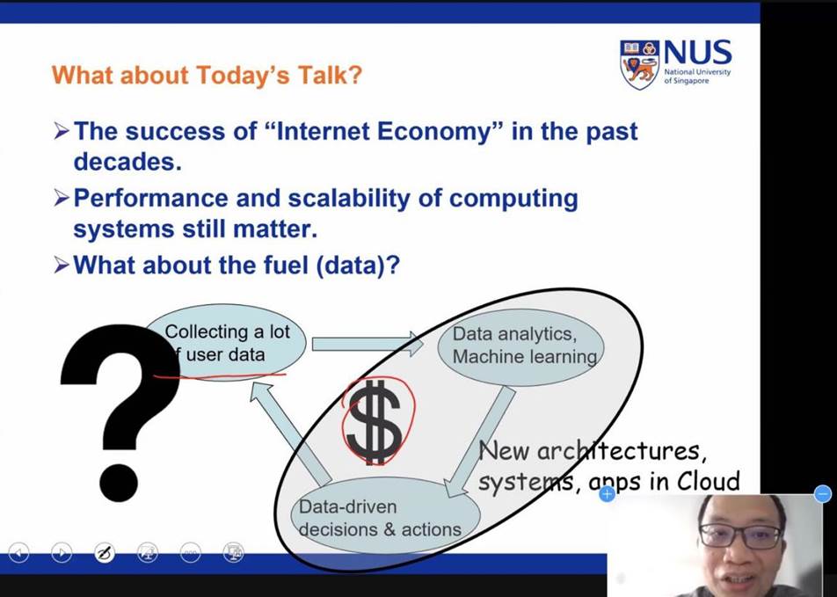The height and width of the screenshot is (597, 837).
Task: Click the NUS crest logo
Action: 639,64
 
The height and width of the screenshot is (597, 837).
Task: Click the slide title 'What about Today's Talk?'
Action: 207,75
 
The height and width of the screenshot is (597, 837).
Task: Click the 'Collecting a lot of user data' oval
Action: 226,343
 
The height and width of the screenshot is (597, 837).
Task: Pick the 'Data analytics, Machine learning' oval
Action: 521,346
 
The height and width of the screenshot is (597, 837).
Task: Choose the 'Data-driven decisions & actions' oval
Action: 385,516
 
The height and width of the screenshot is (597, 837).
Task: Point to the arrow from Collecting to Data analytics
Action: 368,344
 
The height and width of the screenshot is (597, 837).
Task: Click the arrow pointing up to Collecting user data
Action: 292,433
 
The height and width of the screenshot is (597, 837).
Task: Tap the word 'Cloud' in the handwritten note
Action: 709,481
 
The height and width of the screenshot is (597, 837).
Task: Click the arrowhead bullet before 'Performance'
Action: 62,198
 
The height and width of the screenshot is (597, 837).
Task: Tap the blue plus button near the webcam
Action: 607,494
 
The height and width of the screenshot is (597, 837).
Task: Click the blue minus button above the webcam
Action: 823,493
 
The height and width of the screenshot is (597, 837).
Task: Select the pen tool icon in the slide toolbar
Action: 104,553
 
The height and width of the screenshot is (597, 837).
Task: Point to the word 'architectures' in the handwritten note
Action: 618,451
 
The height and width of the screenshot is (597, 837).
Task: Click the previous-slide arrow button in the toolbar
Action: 18,553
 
